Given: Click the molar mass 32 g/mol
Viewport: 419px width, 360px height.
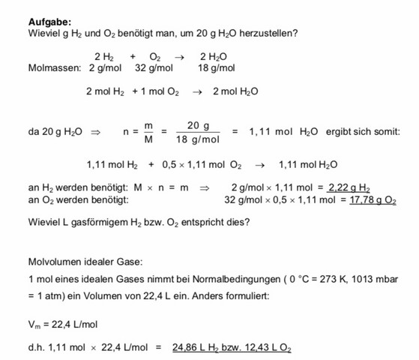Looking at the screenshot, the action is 154,67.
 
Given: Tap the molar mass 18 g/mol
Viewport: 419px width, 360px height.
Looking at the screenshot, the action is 217,67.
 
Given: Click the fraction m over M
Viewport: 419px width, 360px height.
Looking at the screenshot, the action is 148,131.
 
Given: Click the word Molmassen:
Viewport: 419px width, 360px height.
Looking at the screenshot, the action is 54,67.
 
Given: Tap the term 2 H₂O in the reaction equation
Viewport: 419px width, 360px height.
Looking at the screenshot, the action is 214,56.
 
